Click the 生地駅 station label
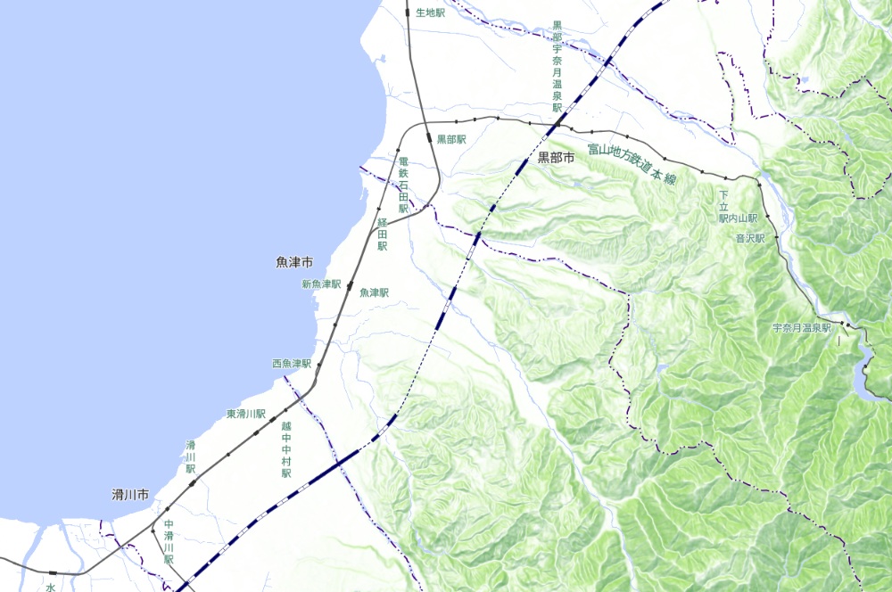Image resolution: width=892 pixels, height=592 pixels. point(430,12)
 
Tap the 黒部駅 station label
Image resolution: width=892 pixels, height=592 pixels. point(451,139)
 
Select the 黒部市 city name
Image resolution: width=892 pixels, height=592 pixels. point(559,158)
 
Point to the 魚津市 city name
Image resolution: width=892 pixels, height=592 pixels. point(294,263)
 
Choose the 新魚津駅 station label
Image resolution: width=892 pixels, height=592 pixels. point(322,284)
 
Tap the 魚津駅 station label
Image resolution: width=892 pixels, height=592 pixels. point(374,292)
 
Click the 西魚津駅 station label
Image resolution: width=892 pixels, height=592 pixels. point(292,364)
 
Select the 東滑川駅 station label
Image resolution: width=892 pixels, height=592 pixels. point(246,415)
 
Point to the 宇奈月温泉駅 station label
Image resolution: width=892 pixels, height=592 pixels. point(801,328)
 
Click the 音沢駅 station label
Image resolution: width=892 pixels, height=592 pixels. point(750,238)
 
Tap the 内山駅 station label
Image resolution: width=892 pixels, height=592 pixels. point(743,218)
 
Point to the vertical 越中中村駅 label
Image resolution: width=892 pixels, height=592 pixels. point(286,450)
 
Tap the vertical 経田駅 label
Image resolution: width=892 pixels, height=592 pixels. point(382,234)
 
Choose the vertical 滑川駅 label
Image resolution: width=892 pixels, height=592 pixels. point(190,456)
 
